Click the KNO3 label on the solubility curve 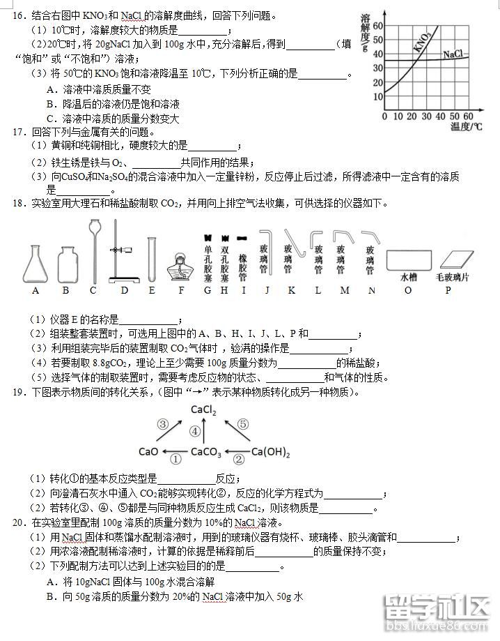pyautogui.click(x=422, y=43)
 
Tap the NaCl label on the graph pyautogui.click(x=453, y=54)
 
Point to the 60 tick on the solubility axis pyautogui.click(x=378, y=25)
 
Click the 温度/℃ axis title pyautogui.click(x=466, y=126)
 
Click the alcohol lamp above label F pyautogui.click(x=181, y=265)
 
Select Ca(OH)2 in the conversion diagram pyautogui.click(x=270, y=452)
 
